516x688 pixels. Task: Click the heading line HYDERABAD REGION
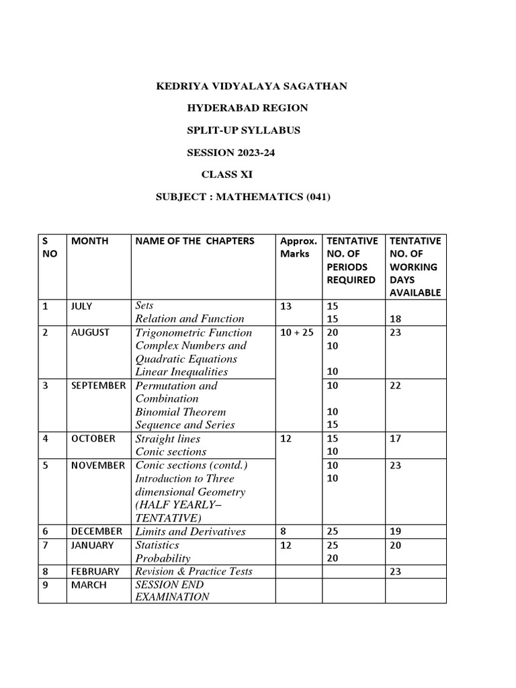coord(247,108)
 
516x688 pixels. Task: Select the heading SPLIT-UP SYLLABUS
coord(243,130)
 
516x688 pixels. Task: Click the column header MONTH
coord(90,241)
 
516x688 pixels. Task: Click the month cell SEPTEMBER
coord(98,386)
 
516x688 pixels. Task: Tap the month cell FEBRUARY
coord(95,571)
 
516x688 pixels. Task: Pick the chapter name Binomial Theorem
coord(180,412)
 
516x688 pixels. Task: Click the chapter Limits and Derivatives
coord(190,531)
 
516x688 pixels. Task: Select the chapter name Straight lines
coord(167,439)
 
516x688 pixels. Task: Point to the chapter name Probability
coord(163,558)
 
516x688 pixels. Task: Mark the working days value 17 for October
coord(395,439)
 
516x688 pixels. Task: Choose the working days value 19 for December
coord(395,531)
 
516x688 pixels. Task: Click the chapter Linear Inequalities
coord(181,372)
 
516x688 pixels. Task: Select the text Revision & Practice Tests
coord(193,571)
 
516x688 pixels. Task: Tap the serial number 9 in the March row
coord(46,585)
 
